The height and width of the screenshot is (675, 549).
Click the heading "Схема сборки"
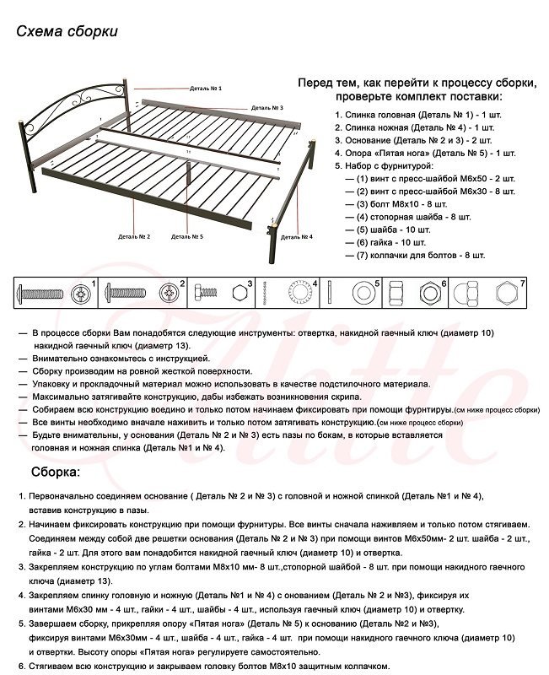pos(67,31)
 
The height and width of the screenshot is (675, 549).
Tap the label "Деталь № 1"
pos(206,89)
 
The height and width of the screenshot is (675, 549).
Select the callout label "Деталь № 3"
pos(267,109)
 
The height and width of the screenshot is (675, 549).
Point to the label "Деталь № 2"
pos(134,237)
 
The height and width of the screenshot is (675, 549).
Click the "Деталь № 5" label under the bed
pos(187,237)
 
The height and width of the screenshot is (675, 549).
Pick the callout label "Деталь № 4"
pos(296,237)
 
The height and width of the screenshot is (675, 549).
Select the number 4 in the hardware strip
pos(315,283)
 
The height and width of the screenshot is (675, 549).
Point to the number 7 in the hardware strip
pos(523,283)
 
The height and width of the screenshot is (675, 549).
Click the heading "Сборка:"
pos(56,472)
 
